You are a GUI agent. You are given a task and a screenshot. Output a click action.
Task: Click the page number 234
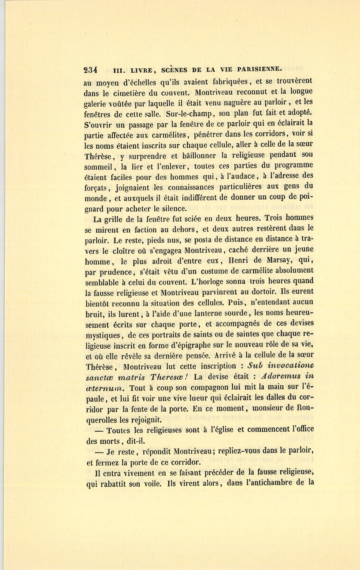91,70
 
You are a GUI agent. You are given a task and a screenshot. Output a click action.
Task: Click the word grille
120,219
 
